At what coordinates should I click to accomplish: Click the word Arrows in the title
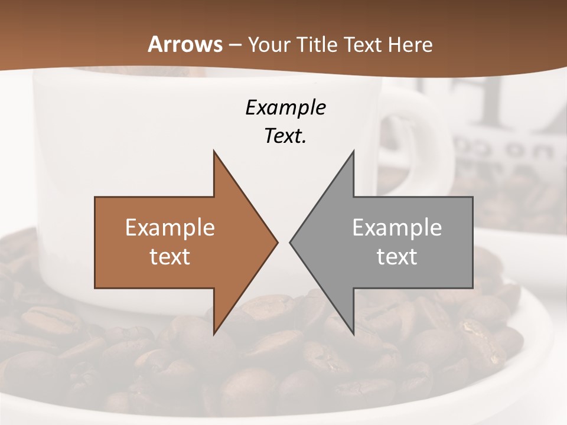click(x=185, y=45)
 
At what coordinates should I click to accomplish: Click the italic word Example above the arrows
click(x=285, y=108)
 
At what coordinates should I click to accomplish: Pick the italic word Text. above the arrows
click(x=285, y=136)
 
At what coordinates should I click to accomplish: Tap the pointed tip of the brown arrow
click(x=276, y=242)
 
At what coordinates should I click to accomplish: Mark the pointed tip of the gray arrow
click(x=291, y=242)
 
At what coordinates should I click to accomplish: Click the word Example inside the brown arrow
click(x=170, y=228)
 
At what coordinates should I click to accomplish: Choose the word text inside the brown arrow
click(x=170, y=256)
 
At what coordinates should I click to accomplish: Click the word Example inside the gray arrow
click(x=397, y=228)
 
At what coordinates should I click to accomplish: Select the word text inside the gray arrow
click(x=397, y=256)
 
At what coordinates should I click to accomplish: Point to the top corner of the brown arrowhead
click(x=214, y=152)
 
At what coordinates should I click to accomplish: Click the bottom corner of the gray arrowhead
click(x=353, y=334)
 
